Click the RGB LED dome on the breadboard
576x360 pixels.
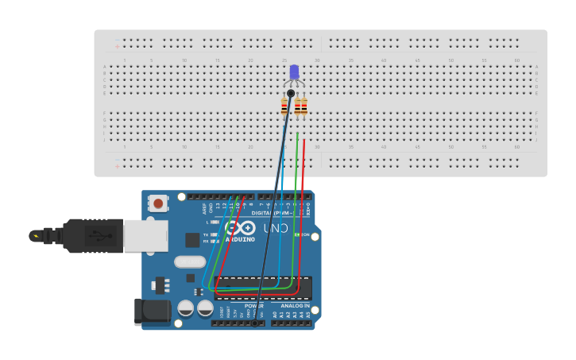tap(294, 72)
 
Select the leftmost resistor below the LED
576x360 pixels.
tap(284, 106)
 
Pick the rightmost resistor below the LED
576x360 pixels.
tap(304, 106)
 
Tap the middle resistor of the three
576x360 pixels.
tap(297, 106)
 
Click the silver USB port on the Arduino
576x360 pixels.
tap(145, 236)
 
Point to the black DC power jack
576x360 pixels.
tap(152, 312)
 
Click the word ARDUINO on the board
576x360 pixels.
tap(240, 239)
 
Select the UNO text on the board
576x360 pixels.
tap(277, 228)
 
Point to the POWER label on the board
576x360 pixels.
tap(253, 305)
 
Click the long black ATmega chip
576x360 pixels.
tap(264, 288)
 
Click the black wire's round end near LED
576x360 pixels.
tap(291, 94)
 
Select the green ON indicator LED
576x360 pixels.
tap(297, 234)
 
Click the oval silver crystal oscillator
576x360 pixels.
tap(190, 261)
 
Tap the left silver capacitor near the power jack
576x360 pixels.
tap(185, 308)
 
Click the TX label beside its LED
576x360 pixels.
tap(206, 235)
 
